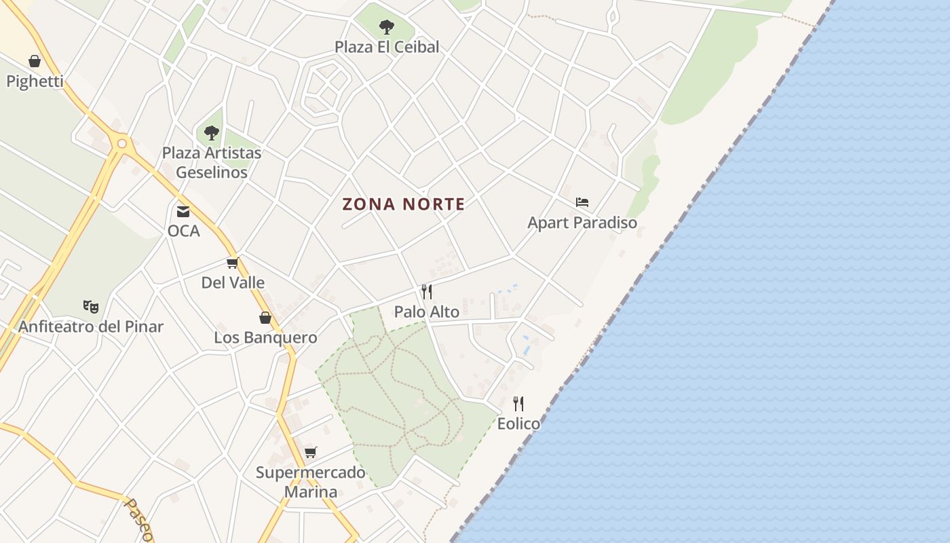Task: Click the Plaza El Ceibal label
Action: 387,47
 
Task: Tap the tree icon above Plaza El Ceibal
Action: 387,27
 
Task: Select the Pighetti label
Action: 35,81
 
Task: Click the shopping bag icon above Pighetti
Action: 35,62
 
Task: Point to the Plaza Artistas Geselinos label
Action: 212,162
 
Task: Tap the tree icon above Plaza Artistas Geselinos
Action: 212,133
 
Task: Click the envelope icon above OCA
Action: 183,211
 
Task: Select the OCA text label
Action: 183,231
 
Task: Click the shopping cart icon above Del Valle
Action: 233,263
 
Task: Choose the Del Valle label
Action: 233,282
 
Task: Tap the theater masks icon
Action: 91,307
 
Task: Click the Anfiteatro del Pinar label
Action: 91,326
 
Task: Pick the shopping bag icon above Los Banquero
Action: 265,318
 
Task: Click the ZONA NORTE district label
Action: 404,204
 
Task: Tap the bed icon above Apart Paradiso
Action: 582,202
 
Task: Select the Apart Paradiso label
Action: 582,223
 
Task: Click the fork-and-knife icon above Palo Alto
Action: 427,292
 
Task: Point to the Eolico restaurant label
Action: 518,424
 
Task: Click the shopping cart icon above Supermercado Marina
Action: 311,452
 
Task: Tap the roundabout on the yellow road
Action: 122,143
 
